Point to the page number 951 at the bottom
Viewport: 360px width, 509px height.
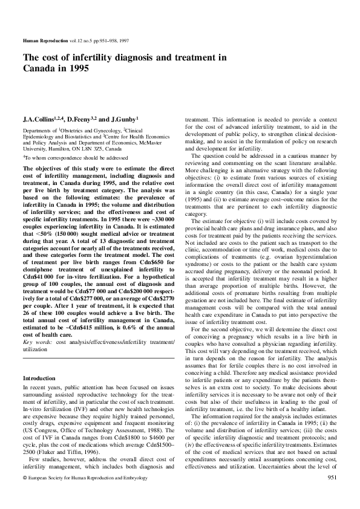[332, 495]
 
